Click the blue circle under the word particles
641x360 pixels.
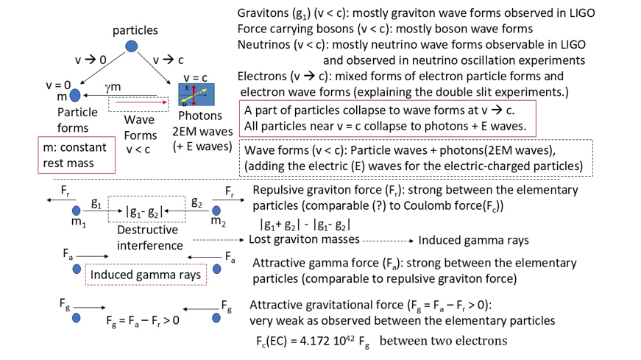131,46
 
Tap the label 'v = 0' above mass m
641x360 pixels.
58,85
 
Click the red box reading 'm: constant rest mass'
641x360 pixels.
77,155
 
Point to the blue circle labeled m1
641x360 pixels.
76,211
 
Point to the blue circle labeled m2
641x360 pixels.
216,211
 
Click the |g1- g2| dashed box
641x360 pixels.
146,212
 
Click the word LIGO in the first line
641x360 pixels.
578,13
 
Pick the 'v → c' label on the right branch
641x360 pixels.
169,59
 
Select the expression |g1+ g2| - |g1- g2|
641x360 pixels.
305,224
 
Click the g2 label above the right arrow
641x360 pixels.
196,202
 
